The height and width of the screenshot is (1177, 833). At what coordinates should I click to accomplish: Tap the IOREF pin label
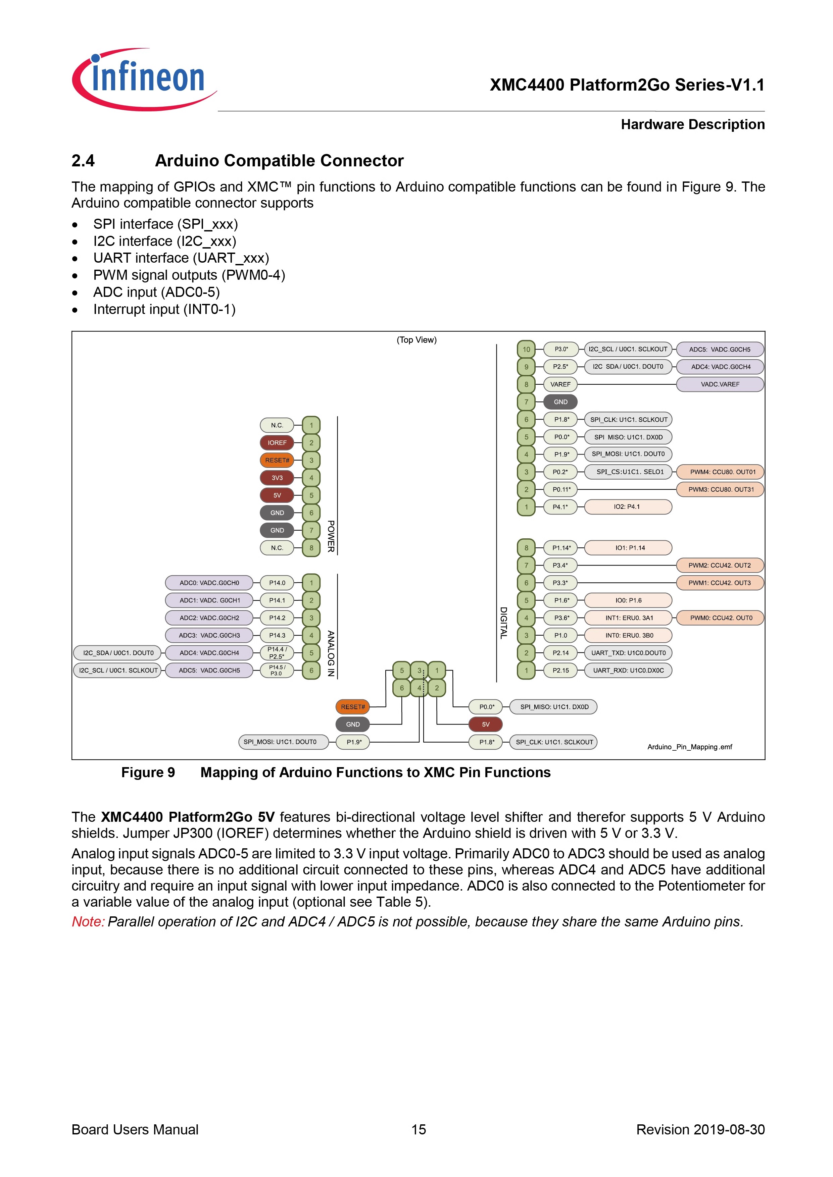[x=277, y=442]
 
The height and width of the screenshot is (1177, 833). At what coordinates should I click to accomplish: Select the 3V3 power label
[x=277, y=478]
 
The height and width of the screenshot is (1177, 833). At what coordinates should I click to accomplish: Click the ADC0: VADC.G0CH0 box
[x=209, y=583]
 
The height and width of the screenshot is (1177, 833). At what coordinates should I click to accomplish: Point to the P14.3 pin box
[x=277, y=635]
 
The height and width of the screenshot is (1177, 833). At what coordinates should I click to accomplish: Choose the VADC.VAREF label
[x=720, y=384]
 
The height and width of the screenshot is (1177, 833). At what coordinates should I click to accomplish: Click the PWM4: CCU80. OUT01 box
[x=720, y=472]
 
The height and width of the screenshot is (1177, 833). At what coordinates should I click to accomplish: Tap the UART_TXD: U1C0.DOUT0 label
[x=628, y=653]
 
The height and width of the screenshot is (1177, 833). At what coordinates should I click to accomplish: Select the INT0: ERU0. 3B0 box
[x=628, y=635]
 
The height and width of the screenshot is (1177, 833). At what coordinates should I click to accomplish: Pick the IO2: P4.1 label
[x=628, y=506]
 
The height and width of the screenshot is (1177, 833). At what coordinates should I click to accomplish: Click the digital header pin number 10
[x=526, y=349]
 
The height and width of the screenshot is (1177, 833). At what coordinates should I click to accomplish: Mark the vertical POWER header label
[x=331, y=536]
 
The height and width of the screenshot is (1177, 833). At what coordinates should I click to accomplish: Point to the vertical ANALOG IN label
[x=331, y=654]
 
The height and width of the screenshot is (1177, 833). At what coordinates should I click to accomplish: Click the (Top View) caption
[x=416, y=340]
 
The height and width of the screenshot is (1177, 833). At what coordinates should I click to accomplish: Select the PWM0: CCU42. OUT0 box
[x=720, y=618]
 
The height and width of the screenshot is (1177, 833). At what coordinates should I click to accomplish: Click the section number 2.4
[x=83, y=161]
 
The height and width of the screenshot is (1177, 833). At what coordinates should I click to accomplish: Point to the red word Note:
[x=88, y=922]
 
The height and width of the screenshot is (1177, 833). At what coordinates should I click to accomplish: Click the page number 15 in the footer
[x=419, y=1129]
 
